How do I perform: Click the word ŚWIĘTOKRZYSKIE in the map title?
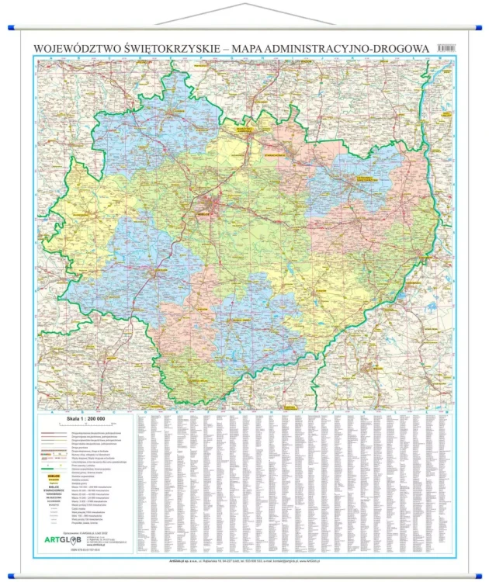(x=168, y=48)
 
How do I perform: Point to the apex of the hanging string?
(x=245, y=4)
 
